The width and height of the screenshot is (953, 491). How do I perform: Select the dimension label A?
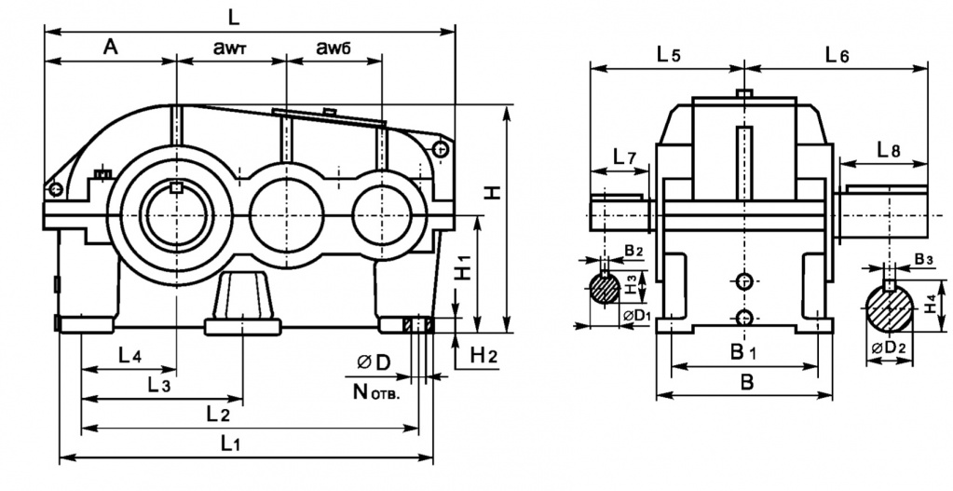(110, 48)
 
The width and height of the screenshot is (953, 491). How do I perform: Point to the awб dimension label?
(334, 48)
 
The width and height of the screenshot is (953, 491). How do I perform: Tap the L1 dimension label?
(231, 444)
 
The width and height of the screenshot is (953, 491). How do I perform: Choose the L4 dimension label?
(129, 355)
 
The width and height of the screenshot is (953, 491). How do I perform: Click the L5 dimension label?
(668, 54)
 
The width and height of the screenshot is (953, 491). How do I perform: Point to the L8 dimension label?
(889, 149)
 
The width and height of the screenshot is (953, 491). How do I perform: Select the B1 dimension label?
(742, 351)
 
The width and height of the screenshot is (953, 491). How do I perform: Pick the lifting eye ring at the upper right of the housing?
(441, 149)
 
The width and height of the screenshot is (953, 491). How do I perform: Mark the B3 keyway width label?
(924, 258)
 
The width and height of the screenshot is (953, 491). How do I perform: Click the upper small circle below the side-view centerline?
(743, 280)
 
